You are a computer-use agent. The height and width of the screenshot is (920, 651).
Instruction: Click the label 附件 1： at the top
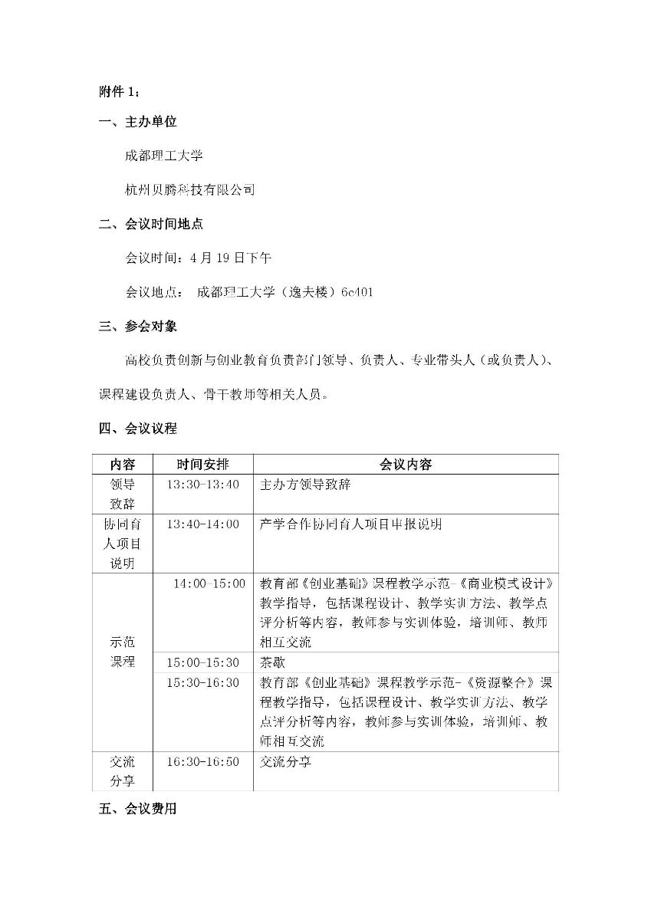(x=120, y=92)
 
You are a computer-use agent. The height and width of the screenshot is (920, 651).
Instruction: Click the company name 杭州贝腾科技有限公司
(x=190, y=189)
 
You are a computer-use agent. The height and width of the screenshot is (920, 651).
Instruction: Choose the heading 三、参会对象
(x=138, y=326)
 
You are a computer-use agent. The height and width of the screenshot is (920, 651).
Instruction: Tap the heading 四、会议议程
(x=138, y=428)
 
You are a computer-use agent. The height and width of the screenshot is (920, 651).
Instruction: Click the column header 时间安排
(x=202, y=465)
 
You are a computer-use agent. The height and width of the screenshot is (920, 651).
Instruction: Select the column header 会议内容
(x=406, y=465)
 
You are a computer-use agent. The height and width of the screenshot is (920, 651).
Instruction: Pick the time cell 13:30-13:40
(x=203, y=485)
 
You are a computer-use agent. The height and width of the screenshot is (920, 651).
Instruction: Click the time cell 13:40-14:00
(x=203, y=524)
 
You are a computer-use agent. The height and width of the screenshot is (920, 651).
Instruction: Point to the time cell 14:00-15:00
(x=209, y=583)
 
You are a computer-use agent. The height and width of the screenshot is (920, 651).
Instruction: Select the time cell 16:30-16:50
(x=203, y=761)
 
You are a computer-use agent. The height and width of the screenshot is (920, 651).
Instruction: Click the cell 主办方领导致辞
(x=305, y=485)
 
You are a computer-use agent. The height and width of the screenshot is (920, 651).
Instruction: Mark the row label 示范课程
(x=123, y=652)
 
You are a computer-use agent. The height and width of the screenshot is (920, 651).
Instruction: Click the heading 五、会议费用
(x=138, y=809)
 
